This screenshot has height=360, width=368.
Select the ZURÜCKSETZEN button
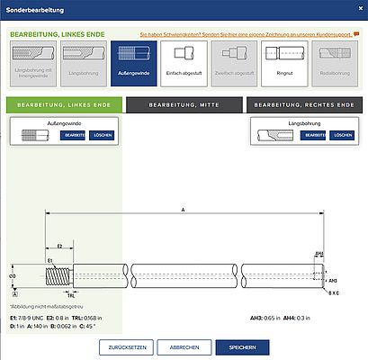[124, 346]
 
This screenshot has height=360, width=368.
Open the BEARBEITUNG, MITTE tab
[184, 105]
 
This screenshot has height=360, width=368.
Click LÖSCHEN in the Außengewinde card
[103, 135]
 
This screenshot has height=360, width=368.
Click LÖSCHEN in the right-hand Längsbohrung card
[342, 135]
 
